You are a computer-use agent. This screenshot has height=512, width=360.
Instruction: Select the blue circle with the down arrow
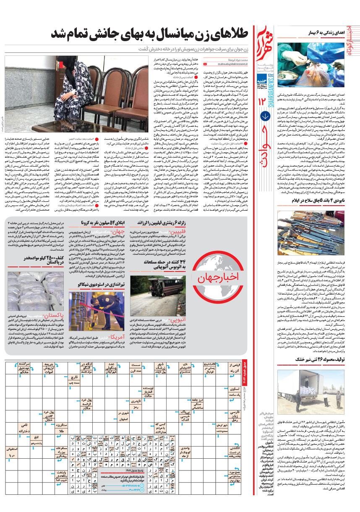click(x=264, y=116)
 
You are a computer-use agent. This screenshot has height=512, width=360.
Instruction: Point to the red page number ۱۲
click(x=264, y=100)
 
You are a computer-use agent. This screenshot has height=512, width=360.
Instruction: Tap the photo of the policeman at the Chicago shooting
click(x=90, y=308)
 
